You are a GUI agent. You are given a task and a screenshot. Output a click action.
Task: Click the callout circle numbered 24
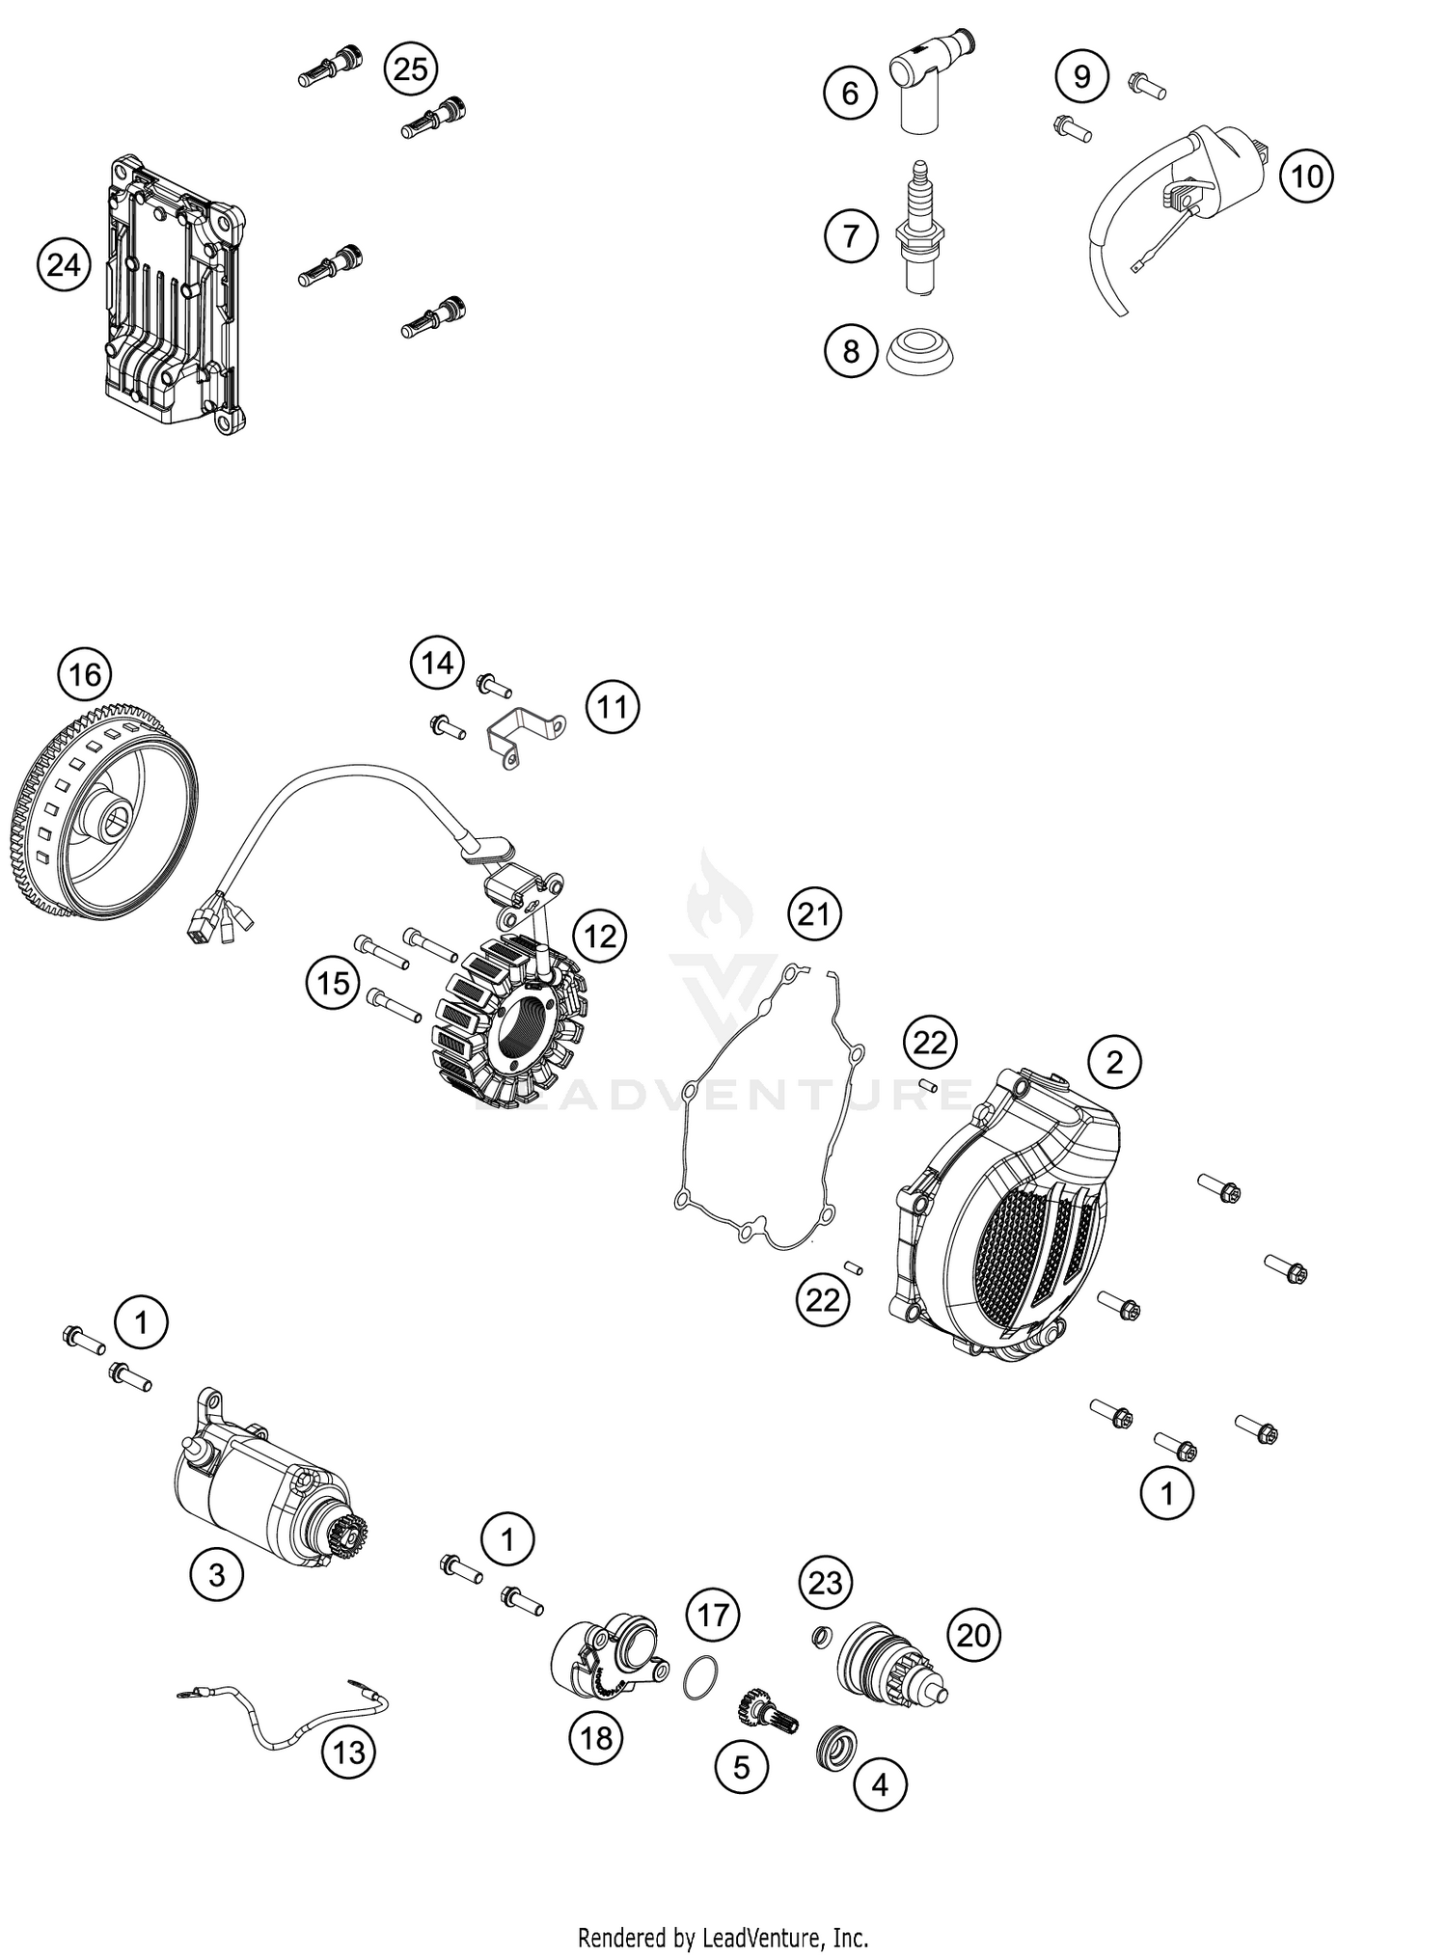pos(64,264)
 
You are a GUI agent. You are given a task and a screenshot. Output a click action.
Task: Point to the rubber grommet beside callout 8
pos(921,352)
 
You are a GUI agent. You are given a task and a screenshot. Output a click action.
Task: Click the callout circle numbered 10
pos(1306,177)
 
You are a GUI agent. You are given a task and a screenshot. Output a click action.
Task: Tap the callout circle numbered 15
pos(333,984)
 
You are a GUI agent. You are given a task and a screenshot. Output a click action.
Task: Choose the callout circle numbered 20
pos(974,1635)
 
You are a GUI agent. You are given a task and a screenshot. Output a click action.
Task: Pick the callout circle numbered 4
pos(880,1785)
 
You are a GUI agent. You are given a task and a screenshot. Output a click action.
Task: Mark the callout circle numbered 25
pos(411,69)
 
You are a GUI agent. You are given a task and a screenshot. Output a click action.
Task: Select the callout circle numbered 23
pos(826,1582)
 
